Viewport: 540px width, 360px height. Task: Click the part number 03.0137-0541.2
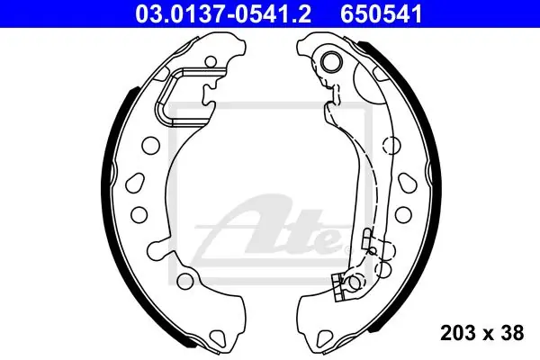pos(223,14)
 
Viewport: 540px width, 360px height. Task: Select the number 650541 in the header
pos(382,14)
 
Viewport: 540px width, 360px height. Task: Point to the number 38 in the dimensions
pos(511,333)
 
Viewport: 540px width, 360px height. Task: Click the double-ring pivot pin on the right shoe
pos(331,61)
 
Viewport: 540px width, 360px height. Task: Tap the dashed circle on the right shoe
pos(391,146)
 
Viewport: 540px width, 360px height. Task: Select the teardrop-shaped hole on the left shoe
pos(135,184)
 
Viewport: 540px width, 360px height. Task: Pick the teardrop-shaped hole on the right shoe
pos(407,183)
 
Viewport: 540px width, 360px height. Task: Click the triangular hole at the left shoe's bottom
pos(219,335)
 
